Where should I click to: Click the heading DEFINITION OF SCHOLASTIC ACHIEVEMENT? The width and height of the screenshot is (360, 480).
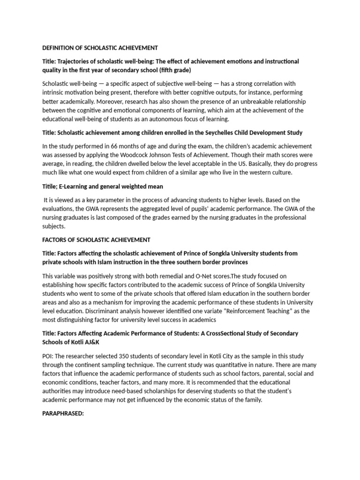click(100, 48)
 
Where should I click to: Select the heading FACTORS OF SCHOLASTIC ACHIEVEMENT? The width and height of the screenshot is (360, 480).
click(96, 240)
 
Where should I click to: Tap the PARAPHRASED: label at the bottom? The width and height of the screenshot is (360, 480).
click(63, 414)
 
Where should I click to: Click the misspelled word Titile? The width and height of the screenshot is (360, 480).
click(51, 186)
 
